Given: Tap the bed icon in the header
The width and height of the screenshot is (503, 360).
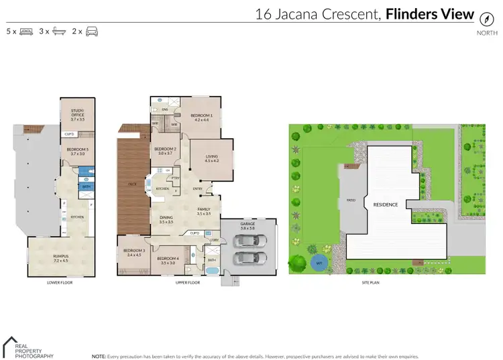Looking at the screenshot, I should (x=26, y=32).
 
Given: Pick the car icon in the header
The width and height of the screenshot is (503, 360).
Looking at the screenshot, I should (x=92, y=32).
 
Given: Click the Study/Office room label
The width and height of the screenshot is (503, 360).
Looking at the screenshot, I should (x=78, y=115).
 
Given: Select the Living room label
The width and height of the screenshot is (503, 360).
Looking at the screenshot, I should (x=212, y=159).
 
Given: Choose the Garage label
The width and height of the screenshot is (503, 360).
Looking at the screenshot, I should (x=247, y=227).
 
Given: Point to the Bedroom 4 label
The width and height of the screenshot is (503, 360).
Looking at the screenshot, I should (x=167, y=260).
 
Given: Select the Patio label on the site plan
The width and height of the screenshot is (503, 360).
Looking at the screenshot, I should (x=350, y=200).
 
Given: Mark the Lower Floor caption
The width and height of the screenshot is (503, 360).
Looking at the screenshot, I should (x=60, y=283).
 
